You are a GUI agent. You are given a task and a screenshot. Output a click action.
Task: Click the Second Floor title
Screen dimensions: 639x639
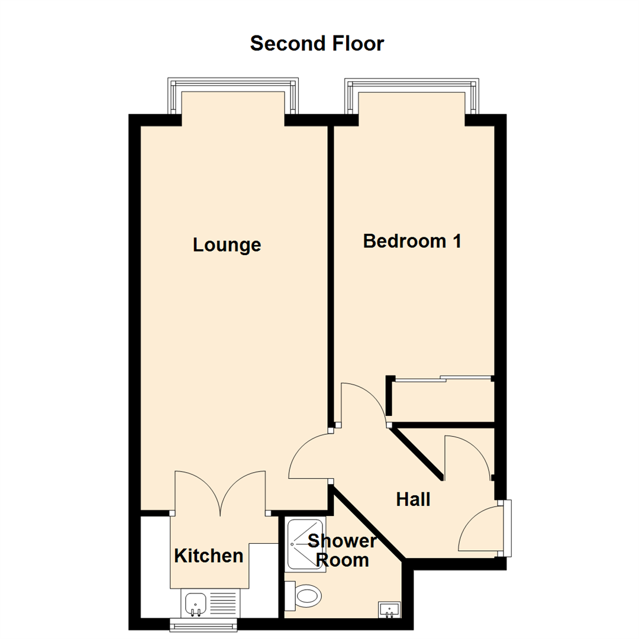coord(317,43)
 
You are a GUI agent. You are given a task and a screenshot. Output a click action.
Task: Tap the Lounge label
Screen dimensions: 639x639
coord(227,245)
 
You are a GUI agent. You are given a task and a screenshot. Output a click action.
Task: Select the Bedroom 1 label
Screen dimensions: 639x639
coord(412,241)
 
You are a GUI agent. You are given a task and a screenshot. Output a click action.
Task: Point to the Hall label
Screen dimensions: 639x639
coord(413,500)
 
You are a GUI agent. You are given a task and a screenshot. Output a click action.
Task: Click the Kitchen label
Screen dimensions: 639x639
coord(209,556)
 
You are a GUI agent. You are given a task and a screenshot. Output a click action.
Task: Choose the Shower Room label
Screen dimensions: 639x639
coord(343,550)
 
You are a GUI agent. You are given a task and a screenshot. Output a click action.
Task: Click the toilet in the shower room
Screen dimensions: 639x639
coord(307,595)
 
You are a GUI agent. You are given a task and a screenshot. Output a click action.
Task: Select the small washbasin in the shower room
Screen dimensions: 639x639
coord(389,609)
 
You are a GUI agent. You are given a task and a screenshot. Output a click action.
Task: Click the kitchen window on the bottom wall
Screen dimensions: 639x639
coord(204,624)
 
